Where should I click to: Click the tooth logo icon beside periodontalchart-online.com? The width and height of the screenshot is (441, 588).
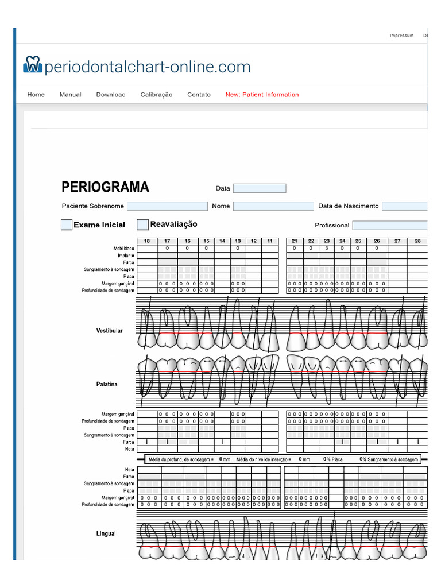pyautogui.click(x=32, y=64)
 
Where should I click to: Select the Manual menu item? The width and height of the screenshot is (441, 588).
pyautogui.click(x=70, y=95)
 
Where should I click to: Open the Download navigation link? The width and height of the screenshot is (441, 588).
pyautogui.click(x=111, y=95)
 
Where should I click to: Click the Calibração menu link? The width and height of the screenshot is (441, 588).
pyautogui.click(x=156, y=95)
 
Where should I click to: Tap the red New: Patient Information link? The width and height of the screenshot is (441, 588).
pyautogui.click(x=262, y=95)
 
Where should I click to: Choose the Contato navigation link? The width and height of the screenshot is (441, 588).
pyautogui.click(x=199, y=95)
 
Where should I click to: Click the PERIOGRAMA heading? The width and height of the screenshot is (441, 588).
pyautogui.click(x=105, y=187)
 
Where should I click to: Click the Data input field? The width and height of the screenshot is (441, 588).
pyautogui.click(x=259, y=188)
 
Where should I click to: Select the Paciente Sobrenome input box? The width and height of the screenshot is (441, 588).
pyautogui.click(x=167, y=206)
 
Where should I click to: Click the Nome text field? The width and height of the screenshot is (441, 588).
pyautogui.click(x=273, y=206)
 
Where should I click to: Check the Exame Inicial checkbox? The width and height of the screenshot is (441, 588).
pyautogui.click(x=67, y=225)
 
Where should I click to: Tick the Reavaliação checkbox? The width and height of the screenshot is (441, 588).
pyautogui.click(x=142, y=225)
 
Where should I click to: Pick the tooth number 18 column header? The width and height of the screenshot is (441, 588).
pyautogui.click(x=147, y=241)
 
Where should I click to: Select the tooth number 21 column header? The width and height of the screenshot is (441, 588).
pyautogui.click(x=295, y=241)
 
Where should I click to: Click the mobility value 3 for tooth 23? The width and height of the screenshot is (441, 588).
pyautogui.click(x=327, y=248)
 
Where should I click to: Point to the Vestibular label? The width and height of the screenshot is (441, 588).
pyautogui.click(x=109, y=331)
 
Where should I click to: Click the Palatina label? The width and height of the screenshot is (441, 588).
pyautogui.click(x=107, y=384)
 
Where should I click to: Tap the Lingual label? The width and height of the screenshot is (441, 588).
pyautogui.click(x=106, y=533)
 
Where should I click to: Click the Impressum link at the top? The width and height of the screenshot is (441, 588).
pyautogui.click(x=401, y=36)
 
